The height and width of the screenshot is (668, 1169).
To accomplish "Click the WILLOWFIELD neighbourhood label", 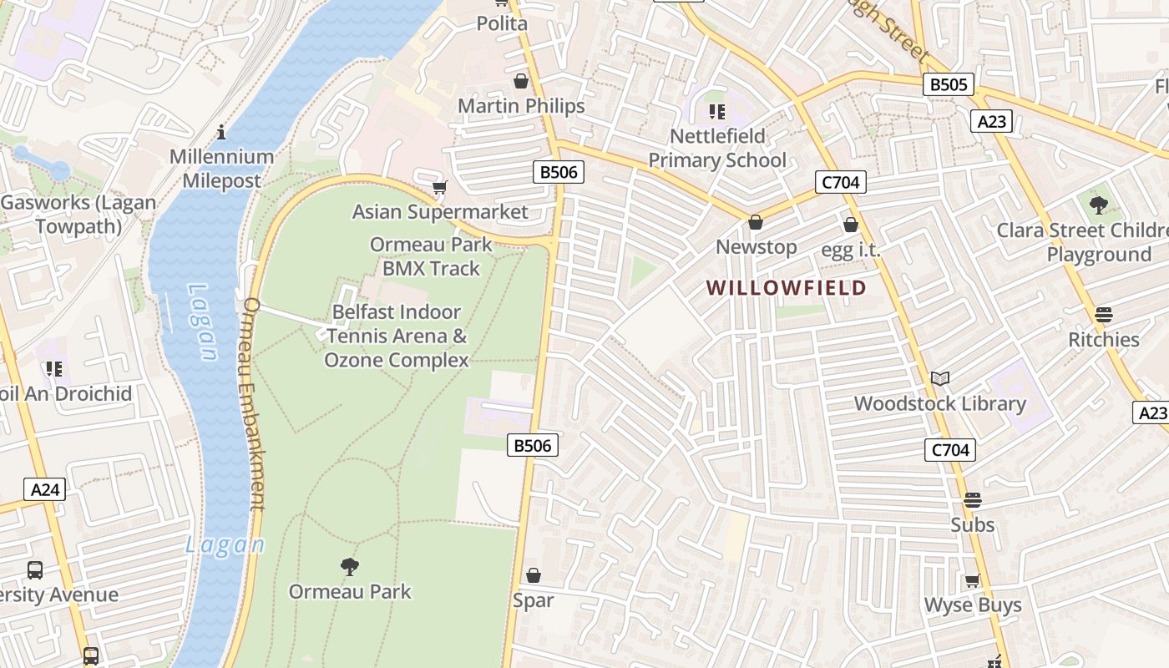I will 786,288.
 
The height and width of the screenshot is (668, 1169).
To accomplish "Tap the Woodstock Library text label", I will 939,403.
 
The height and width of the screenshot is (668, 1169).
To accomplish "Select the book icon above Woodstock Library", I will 940,379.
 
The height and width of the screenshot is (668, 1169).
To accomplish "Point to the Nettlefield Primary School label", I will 717,148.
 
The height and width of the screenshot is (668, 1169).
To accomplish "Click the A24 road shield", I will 44,489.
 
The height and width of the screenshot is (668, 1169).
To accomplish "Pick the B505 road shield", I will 949,84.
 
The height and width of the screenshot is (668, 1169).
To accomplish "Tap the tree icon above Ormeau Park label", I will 350,567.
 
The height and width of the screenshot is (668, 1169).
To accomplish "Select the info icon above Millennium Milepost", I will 221,132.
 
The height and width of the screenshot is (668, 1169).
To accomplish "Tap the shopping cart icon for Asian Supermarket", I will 440,187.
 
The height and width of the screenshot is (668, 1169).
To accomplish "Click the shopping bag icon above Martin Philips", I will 521,81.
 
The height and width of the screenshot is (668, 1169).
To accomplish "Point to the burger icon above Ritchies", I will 1103,315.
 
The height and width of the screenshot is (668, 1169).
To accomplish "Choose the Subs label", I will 972,524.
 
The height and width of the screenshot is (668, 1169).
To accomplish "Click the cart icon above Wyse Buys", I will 972,580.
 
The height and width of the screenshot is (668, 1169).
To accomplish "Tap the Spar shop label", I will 533,600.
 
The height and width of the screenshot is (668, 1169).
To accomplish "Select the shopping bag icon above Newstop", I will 756,222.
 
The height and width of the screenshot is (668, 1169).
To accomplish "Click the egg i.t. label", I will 850,250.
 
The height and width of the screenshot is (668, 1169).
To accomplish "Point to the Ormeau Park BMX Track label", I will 431,256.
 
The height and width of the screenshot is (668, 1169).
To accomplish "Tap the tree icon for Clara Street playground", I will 1099,205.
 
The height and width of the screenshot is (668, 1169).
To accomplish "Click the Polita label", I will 502,23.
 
